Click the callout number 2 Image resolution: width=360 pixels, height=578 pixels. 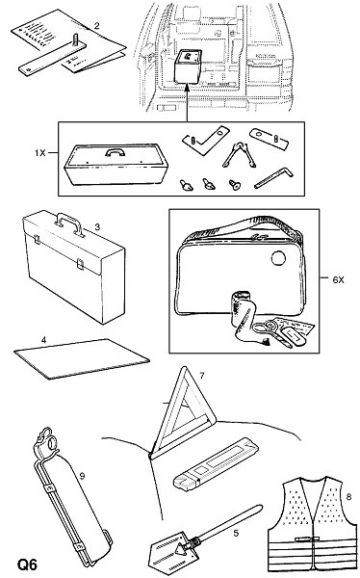[x=96, y=26]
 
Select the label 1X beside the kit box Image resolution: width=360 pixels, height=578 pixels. [x=40, y=152]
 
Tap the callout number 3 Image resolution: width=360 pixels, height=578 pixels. [x=97, y=226]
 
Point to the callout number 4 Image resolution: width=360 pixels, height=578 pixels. [x=44, y=340]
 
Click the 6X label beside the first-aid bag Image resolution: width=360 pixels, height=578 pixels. [x=338, y=280]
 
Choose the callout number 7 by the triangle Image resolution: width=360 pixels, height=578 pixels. [x=201, y=376]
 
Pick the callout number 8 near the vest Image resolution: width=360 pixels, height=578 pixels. [x=348, y=497]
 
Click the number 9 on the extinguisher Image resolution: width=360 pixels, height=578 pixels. [x=82, y=476]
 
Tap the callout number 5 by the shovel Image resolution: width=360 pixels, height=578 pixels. [x=236, y=533]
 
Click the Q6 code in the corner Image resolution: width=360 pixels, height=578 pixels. [x=27, y=565]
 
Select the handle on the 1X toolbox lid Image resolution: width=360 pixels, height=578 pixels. [x=115, y=152]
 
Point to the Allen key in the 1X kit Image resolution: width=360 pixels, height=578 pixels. [x=273, y=177]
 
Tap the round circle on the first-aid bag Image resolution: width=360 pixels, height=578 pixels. [x=278, y=258]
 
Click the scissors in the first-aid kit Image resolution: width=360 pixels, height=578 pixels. [x=268, y=328]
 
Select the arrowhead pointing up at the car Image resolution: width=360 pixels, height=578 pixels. [x=187, y=87]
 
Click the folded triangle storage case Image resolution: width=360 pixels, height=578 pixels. [x=216, y=464]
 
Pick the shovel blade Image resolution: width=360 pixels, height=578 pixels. [x=168, y=553]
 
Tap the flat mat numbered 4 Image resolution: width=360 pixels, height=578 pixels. [x=82, y=358]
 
